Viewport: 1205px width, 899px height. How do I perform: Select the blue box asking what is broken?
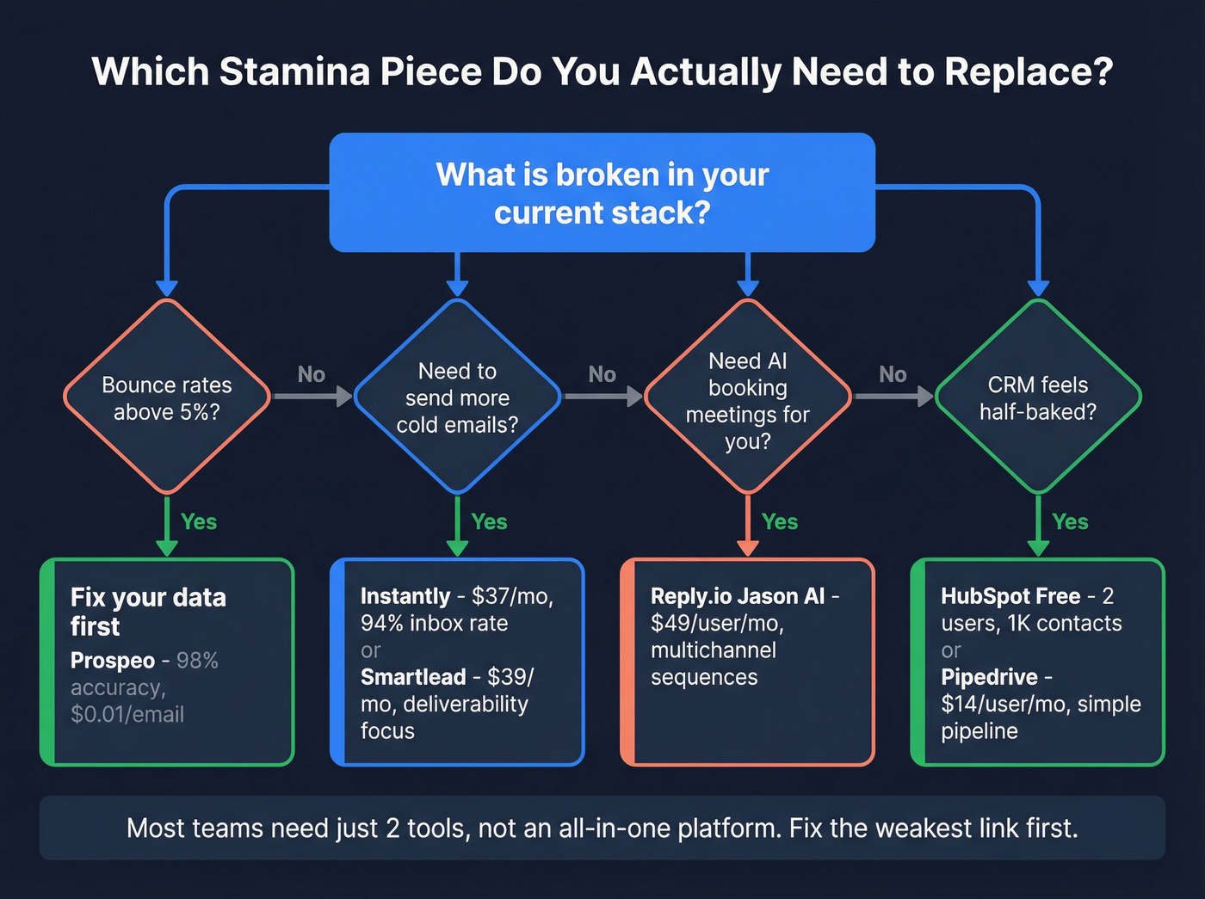(602, 193)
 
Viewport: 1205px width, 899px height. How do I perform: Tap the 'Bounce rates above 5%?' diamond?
(167, 397)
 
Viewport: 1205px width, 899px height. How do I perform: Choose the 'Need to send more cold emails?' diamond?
(457, 397)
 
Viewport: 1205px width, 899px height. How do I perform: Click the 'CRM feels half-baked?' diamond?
(1037, 397)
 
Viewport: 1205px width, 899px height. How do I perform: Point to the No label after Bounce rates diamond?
(311, 374)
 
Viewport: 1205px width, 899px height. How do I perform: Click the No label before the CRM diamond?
(893, 374)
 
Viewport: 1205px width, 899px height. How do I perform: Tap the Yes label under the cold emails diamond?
(489, 521)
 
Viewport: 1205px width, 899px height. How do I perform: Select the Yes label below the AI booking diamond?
(779, 521)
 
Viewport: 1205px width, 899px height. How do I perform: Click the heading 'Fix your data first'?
(147, 611)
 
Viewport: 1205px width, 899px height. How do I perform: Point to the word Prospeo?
(112, 661)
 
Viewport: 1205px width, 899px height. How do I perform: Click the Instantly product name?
(405, 596)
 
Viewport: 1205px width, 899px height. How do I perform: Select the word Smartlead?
(413, 677)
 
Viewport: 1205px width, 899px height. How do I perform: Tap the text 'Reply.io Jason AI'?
(738, 596)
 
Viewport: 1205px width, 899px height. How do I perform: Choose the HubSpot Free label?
(1010, 596)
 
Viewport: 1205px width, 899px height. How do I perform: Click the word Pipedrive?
(989, 677)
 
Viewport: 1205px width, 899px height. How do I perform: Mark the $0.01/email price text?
(127, 714)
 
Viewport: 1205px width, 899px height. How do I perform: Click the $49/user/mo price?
(716, 623)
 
